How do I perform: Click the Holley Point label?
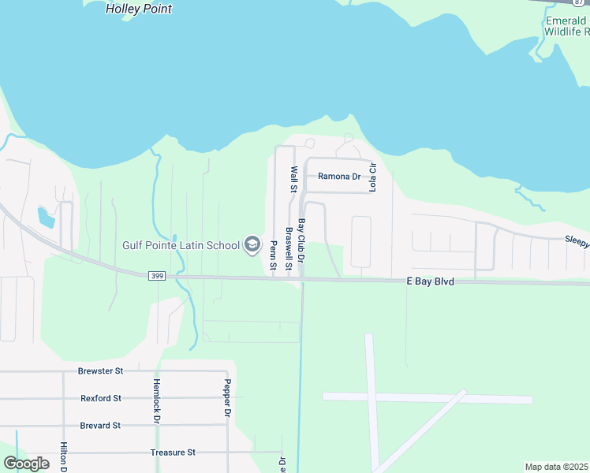[x=139, y=9]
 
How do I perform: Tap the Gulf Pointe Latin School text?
[x=181, y=245]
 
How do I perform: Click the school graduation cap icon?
[x=252, y=245]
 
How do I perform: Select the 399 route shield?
[x=155, y=275]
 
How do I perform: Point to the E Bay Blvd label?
[x=430, y=281]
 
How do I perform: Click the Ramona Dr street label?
[x=338, y=177]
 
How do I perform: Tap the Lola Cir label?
[x=374, y=177]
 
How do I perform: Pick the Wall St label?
[x=293, y=179]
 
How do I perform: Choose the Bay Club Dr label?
[x=301, y=240]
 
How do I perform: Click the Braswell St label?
[x=289, y=249]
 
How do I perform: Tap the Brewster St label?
[x=101, y=371]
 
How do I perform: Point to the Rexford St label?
[x=101, y=399]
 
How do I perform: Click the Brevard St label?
[x=100, y=425]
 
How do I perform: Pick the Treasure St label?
[x=173, y=453]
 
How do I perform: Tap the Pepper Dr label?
[x=226, y=400]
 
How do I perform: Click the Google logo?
[x=26, y=464]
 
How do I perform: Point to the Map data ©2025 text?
[x=557, y=467]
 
